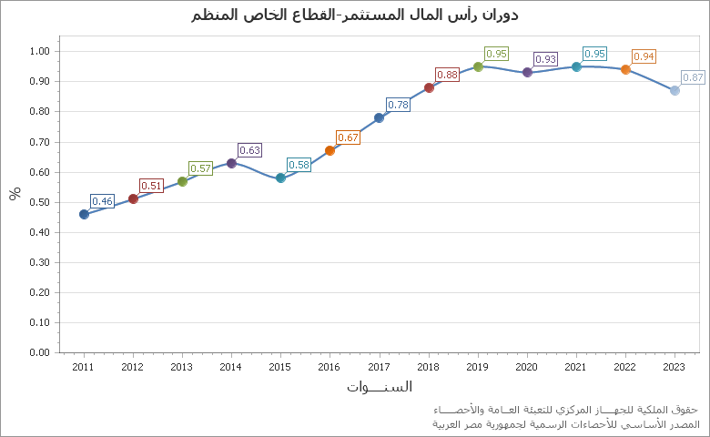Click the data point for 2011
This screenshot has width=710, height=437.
[84, 214]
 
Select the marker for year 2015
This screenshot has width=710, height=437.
[280, 178]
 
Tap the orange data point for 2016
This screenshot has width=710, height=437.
[330, 150]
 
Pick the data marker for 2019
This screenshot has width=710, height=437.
[478, 66]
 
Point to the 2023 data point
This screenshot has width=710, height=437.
[674, 90]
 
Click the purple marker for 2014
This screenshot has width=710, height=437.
[231, 163]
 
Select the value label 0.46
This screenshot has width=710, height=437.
[102, 201]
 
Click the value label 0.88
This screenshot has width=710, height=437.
[447, 75]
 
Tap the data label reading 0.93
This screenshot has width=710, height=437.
[545, 59]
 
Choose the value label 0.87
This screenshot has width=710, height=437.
[693, 77]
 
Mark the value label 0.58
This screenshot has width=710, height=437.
[299, 165]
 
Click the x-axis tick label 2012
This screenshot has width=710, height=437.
[133, 367]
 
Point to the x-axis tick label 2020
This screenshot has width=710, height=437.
[527, 367]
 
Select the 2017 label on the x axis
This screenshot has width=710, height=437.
[379, 367]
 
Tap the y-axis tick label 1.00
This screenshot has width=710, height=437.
[39, 51]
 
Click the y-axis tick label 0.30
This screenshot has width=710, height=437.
[39, 262]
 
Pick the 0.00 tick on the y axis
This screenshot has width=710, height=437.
[39, 352]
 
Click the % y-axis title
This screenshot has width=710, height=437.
[15, 193]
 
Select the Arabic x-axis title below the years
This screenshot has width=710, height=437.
[379, 387]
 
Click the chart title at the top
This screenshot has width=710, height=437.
[355, 15]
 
